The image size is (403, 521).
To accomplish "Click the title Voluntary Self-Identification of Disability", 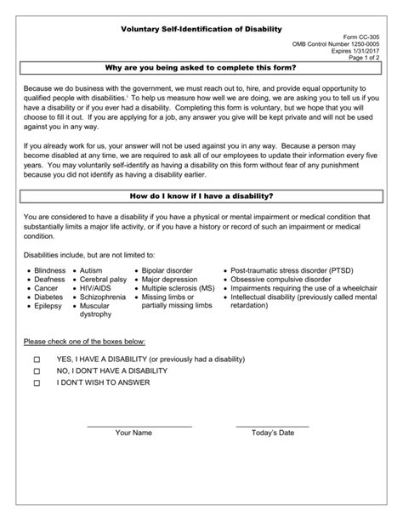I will click(x=201, y=29).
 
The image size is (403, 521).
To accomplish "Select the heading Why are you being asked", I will click(x=201, y=71).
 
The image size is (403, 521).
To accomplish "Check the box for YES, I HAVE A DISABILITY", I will click(x=37, y=360).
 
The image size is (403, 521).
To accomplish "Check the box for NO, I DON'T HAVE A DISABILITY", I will click(x=37, y=371).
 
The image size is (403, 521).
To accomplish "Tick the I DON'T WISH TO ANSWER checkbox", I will click(x=37, y=383).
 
